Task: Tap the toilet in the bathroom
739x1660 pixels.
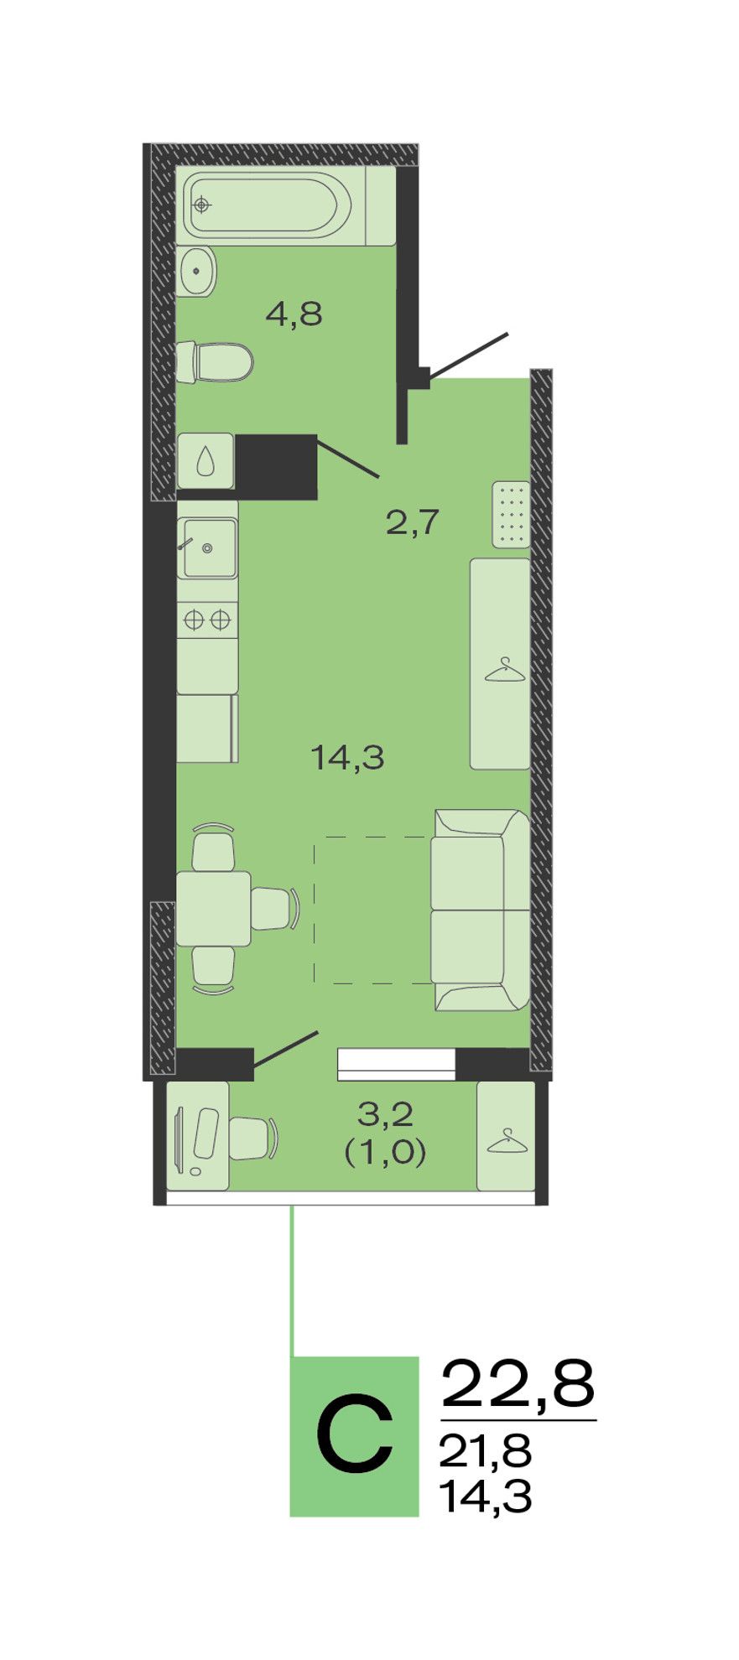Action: (215, 361)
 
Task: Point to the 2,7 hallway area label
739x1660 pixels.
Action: (412, 522)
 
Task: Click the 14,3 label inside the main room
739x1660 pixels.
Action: (347, 757)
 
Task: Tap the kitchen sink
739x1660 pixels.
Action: (208, 548)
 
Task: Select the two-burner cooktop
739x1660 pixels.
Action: (207, 620)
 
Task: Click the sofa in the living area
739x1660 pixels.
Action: (480, 910)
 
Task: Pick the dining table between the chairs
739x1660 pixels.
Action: (213, 909)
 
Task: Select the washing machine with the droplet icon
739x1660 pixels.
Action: (206, 460)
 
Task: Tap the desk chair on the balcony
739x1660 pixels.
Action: (253, 1138)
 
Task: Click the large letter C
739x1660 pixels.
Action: (355, 1434)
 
